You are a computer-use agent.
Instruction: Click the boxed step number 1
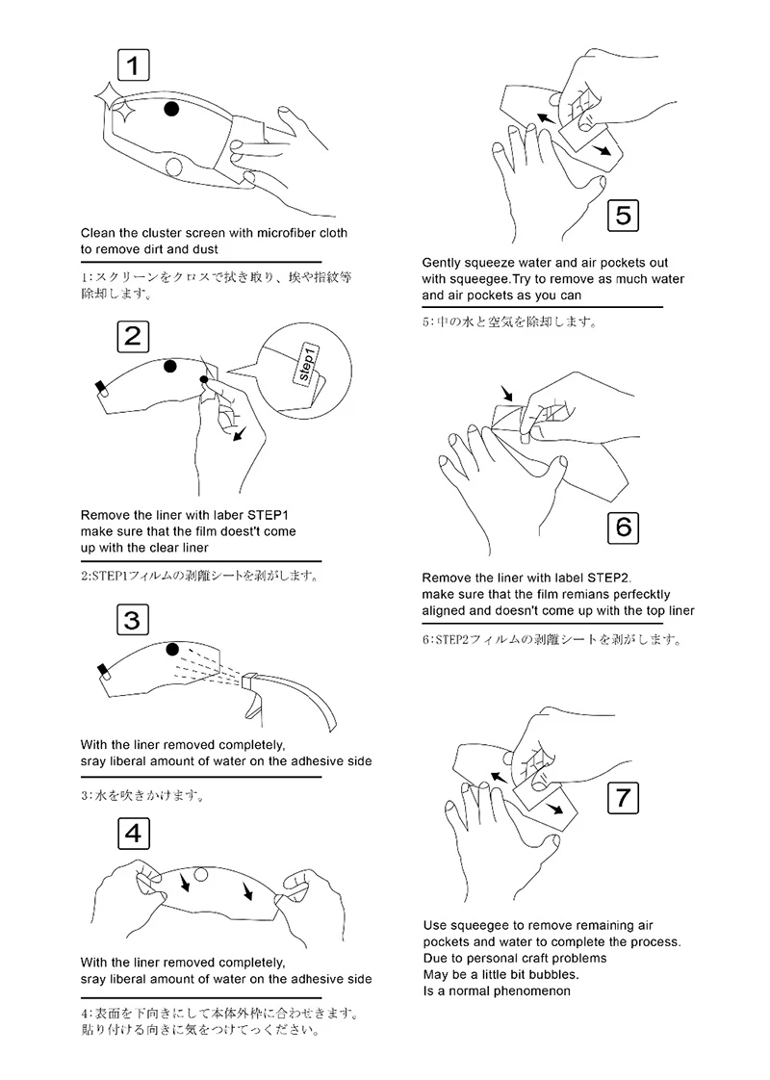[134, 65]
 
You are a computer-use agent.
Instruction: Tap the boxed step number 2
[133, 337]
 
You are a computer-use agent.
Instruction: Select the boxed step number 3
[132, 620]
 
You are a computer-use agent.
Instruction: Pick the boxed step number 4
[134, 834]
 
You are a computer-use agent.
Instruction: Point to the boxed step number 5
[623, 215]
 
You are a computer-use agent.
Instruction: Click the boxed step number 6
[624, 527]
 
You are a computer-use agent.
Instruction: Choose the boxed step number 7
[624, 798]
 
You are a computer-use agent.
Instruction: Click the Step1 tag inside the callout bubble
[307, 363]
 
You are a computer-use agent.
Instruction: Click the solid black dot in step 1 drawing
[171, 108]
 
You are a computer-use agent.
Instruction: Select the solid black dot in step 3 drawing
[172, 649]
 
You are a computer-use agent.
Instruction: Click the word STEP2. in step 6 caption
[609, 578]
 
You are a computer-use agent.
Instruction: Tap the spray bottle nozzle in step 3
[249, 680]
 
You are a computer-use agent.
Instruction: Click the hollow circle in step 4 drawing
[200, 875]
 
